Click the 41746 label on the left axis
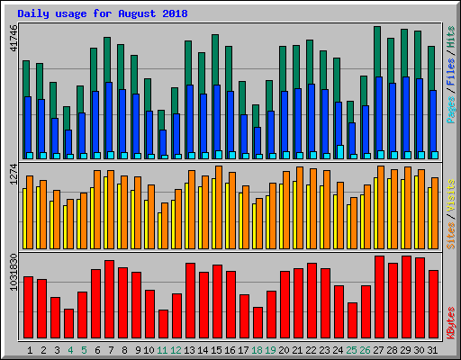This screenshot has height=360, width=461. (x=13, y=38)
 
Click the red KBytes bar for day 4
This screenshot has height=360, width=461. (x=68, y=323)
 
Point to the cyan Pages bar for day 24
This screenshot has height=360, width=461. (x=339, y=151)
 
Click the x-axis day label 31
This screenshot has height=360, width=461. (x=433, y=348)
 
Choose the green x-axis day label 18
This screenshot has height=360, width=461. (x=258, y=348)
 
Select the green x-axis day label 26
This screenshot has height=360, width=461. (x=366, y=348)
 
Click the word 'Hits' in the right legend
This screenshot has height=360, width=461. (x=451, y=37)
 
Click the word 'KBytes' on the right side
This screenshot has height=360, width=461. (x=451, y=323)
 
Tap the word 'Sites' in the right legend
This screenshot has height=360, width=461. (x=451, y=233)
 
